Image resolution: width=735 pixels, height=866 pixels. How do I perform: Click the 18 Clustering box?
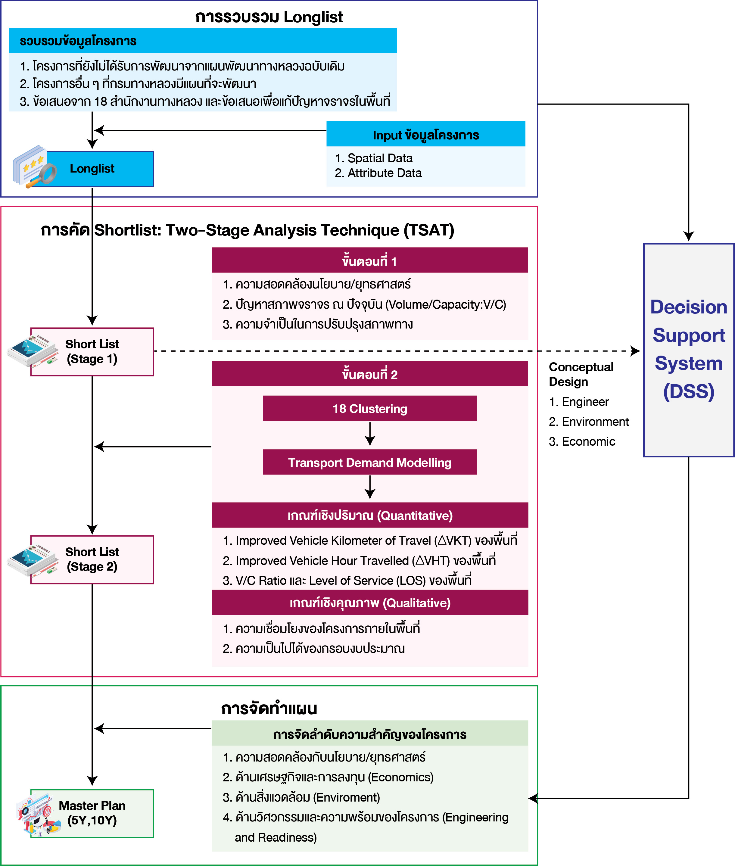(369, 408)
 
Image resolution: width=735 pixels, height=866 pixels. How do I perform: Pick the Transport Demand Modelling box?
(369, 462)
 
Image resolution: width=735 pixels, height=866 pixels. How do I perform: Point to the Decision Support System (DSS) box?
(688, 350)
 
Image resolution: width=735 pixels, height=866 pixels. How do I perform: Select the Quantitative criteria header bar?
(369, 516)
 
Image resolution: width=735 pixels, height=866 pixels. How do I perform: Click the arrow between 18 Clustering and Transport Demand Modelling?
(369, 434)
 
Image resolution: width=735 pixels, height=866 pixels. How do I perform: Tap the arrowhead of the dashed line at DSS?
(635, 351)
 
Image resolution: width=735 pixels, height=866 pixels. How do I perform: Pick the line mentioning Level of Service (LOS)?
(347, 581)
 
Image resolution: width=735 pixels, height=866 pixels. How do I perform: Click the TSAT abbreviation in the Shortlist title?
(429, 230)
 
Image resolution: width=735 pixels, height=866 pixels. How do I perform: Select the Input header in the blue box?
(425, 135)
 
